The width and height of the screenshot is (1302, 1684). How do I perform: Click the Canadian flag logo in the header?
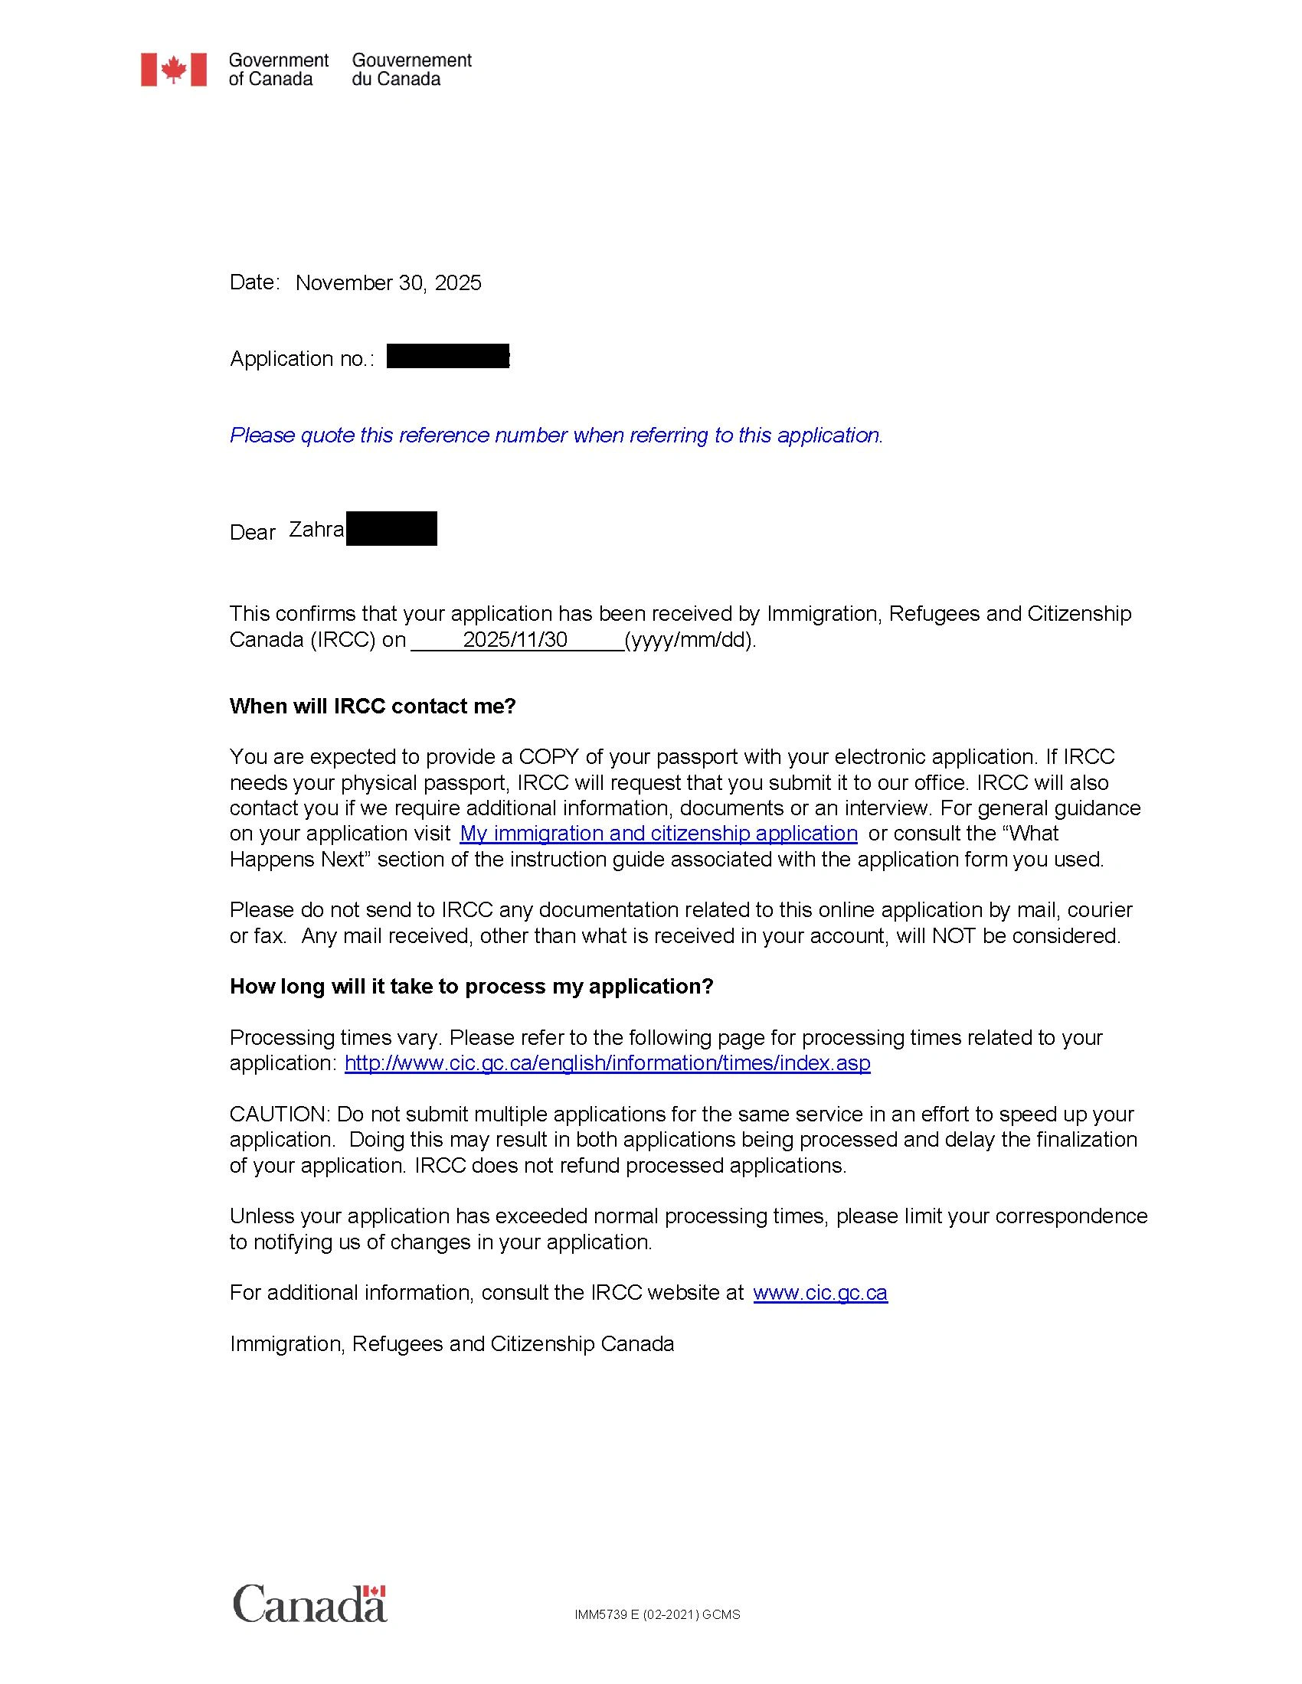[x=174, y=70]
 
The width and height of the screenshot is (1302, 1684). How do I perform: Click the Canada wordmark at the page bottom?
[x=309, y=1604]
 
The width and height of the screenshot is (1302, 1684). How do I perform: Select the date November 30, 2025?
[x=388, y=283]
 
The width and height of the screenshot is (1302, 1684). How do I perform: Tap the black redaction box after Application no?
[x=447, y=356]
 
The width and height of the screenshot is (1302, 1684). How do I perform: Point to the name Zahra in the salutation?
[x=316, y=530]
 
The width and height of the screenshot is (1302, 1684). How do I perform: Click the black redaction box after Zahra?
[x=391, y=529]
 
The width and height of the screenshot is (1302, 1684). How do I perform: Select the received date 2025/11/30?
[x=515, y=639]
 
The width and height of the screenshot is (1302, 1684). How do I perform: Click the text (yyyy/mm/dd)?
[x=690, y=640]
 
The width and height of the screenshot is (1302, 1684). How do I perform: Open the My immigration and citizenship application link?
[x=658, y=834]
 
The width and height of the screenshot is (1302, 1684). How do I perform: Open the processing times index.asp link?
[x=607, y=1063]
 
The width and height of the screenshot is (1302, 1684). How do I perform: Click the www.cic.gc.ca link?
[x=820, y=1293]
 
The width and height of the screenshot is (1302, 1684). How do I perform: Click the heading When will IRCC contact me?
[x=372, y=707]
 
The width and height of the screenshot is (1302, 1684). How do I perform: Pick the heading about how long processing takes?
[x=471, y=987]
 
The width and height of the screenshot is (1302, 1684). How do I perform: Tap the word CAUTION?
[x=280, y=1115]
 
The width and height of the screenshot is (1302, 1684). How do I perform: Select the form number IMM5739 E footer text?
[x=657, y=1614]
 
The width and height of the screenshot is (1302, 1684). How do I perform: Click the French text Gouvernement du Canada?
[x=411, y=70]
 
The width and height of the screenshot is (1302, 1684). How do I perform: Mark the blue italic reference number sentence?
[x=556, y=436]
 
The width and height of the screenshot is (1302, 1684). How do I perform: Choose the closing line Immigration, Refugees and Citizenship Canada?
[x=452, y=1344]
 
